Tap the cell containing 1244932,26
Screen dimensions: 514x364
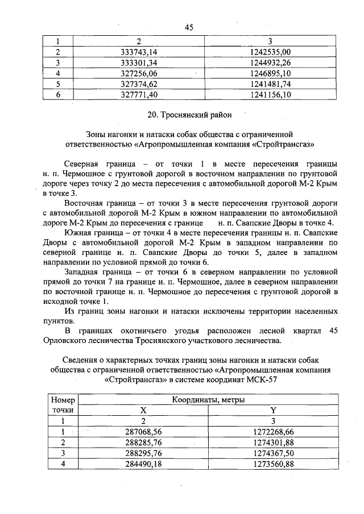pos(270,63)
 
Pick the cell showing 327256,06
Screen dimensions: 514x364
pos(138,74)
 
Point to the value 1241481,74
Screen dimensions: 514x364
pos(270,85)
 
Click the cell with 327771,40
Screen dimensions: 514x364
pos(138,95)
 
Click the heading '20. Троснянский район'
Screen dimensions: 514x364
pos(189,115)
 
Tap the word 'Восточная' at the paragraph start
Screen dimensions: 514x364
pos(85,203)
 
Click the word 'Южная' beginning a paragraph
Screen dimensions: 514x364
pos(79,233)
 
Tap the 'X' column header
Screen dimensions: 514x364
pos(143,410)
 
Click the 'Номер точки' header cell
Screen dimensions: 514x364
pos(63,405)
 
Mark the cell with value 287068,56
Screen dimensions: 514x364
pos(143,432)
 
